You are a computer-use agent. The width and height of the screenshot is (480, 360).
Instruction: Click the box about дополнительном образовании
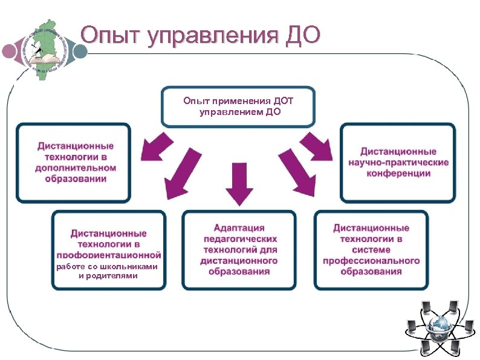click(74, 163)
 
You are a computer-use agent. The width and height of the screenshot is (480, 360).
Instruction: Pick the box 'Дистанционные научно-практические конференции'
click(398, 163)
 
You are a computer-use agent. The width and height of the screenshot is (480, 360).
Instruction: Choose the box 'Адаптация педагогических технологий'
click(239, 249)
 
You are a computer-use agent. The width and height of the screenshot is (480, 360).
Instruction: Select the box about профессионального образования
click(371, 249)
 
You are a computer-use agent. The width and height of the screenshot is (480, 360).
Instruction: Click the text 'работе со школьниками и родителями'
click(108, 271)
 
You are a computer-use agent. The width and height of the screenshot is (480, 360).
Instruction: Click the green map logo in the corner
click(43, 41)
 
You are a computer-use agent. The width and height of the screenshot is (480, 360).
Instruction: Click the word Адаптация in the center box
click(239, 228)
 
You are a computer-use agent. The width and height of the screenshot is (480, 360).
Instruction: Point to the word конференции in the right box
click(398, 174)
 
